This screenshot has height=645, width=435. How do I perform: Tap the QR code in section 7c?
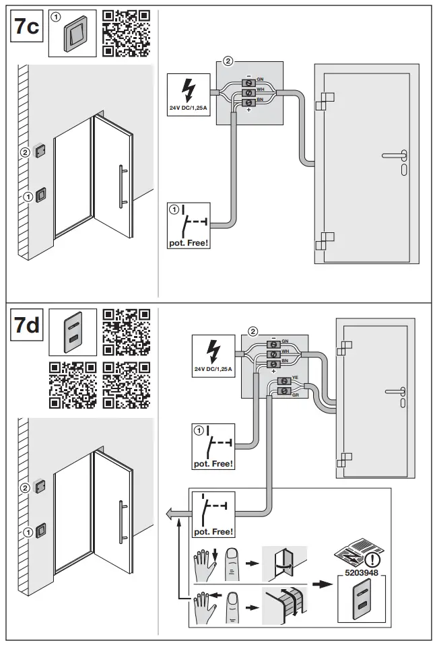pos(125,32)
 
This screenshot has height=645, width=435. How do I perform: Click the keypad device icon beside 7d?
pos(73,332)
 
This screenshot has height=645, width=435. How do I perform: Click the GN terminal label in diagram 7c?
pos(259,79)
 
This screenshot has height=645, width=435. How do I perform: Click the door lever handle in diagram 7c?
pos(394,156)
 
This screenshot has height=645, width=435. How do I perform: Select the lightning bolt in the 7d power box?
pos(213,351)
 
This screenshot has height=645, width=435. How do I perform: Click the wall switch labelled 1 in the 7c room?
pos(40,195)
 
